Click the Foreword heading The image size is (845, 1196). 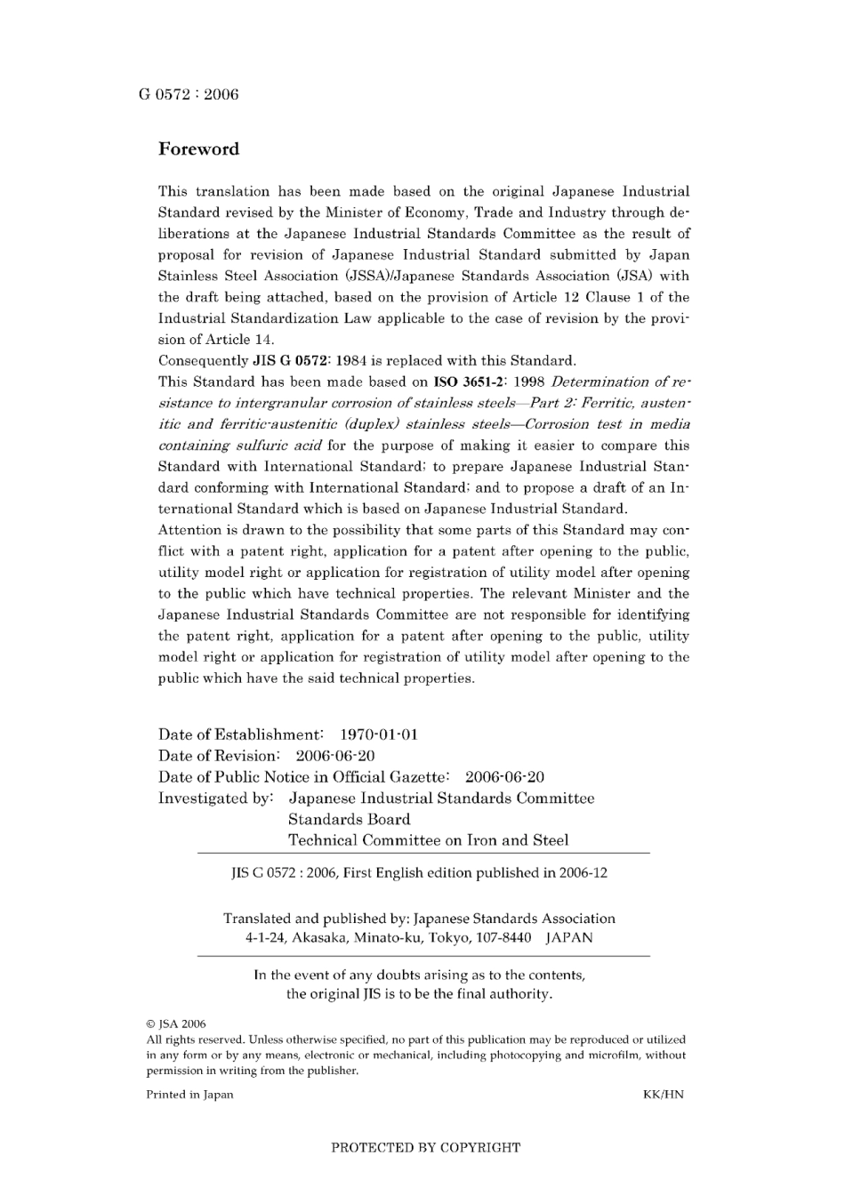tap(198, 149)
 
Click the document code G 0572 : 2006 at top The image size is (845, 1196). tap(189, 94)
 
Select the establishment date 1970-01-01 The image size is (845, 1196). tap(379, 734)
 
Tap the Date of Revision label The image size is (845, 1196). tap(219, 756)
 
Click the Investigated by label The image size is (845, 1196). tap(215, 799)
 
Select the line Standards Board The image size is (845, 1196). tap(349, 820)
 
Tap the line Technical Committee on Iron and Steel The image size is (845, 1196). tap(428, 840)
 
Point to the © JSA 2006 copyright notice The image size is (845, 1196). tap(176, 1023)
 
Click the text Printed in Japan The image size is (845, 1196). tap(189, 1095)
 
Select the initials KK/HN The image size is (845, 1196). tap(663, 1095)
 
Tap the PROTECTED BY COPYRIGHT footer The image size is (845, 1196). tap(425, 1148)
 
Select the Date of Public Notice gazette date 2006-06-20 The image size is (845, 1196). tap(504, 777)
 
